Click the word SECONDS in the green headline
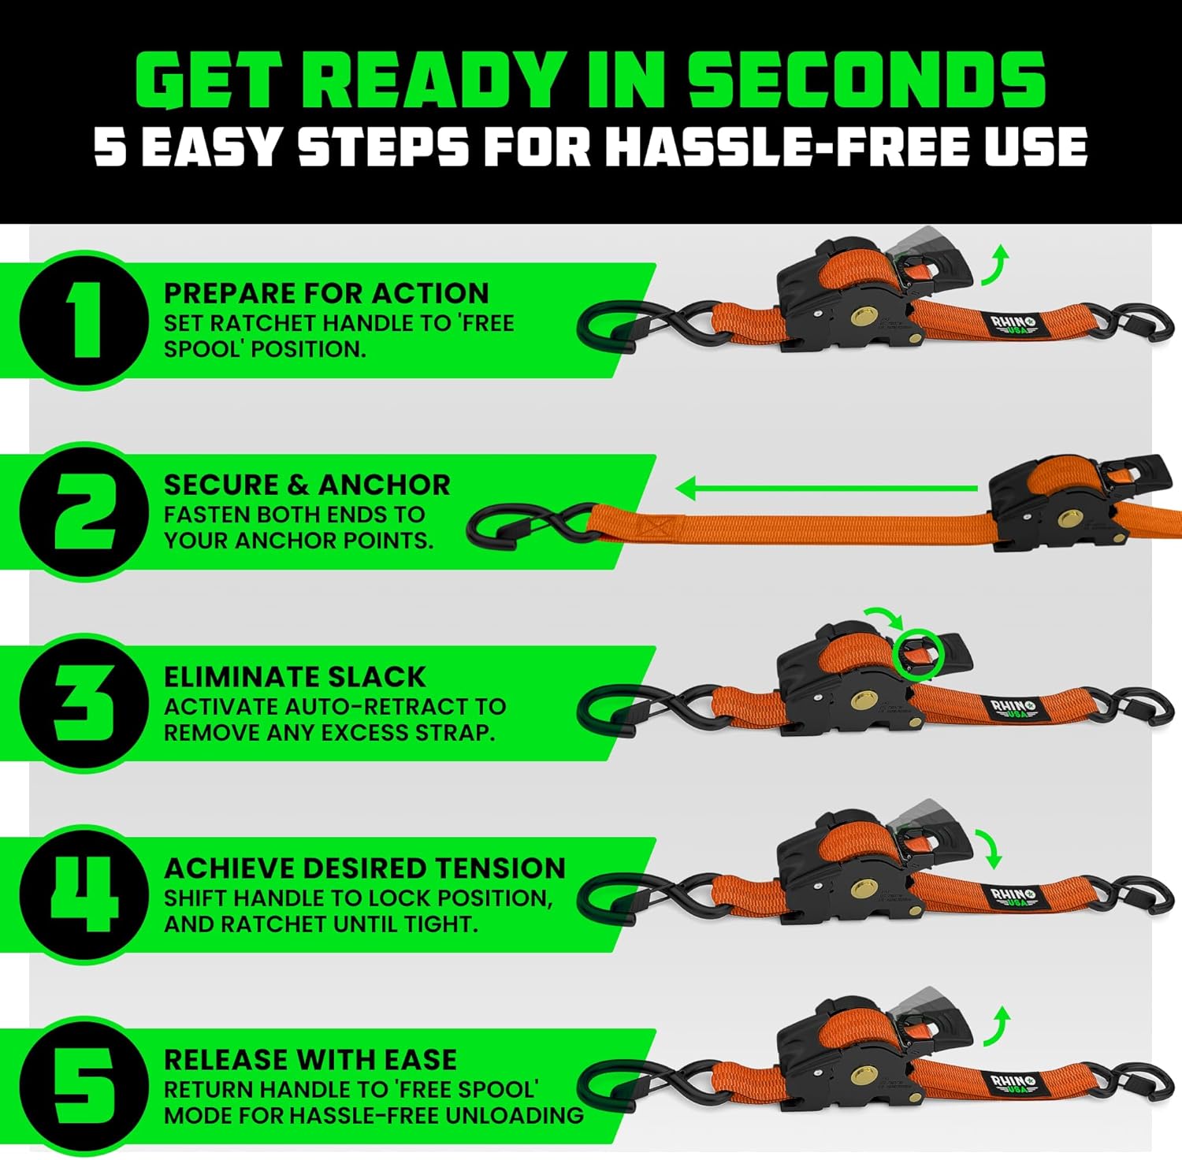coord(866,80)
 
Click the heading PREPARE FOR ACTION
coord(326,293)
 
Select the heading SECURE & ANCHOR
coord(307,485)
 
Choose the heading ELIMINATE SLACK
coord(295,677)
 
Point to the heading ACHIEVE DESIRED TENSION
coord(364,868)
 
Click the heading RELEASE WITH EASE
coord(310,1060)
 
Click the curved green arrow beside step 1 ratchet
coord(995,265)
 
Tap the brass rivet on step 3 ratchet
coord(863,701)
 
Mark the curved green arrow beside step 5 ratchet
coord(995,1025)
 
